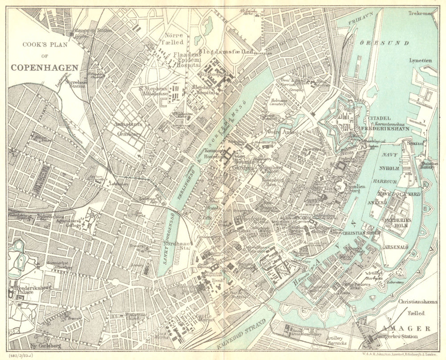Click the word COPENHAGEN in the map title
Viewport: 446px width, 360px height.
tap(45, 68)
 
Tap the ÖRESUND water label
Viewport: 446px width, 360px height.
tap(384, 43)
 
